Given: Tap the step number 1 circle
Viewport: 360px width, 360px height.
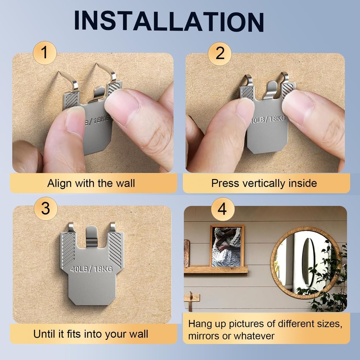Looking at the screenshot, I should point(45,53).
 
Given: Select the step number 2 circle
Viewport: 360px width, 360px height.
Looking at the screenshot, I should point(220,53).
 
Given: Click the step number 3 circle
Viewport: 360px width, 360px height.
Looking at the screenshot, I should point(46,208).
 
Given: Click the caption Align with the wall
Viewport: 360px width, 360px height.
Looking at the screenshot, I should point(91,183).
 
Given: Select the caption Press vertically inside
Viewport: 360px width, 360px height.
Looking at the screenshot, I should point(264,183).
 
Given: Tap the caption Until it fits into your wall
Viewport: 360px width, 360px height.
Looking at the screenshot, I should point(91,334).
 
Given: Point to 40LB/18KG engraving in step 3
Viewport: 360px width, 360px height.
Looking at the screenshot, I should point(92,270).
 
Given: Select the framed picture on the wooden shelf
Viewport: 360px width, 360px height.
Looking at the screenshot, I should point(227,246).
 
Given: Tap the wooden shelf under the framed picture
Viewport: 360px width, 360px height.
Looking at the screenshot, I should point(216,270).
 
